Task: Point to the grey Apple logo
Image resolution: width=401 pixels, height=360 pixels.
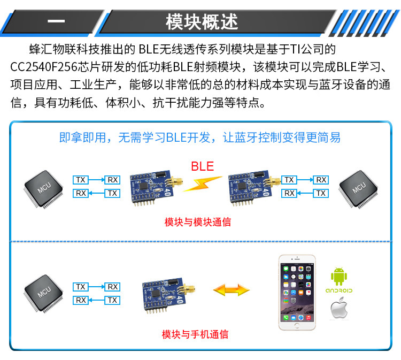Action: (x=339, y=310)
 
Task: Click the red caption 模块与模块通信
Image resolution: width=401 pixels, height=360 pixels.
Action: (x=198, y=222)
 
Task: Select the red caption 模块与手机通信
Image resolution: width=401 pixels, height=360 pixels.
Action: (x=195, y=335)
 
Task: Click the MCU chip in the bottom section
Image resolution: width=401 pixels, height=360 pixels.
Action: (x=44, y=292)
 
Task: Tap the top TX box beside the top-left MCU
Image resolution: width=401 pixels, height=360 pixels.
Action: (x=81, y=180)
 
